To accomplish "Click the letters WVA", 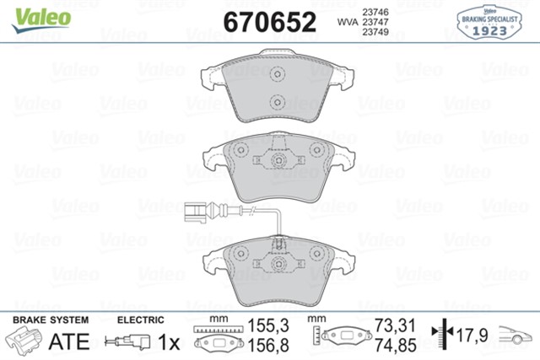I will [x=345, y=23].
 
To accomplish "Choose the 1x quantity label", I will [x=170, y=341].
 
